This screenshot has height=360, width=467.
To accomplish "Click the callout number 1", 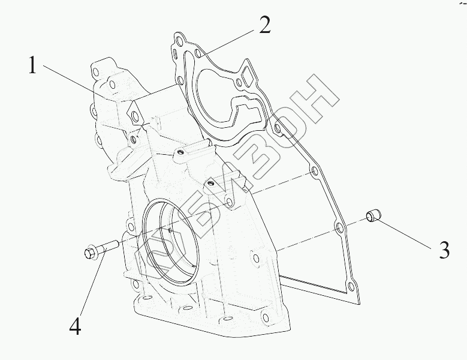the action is [x=33, y=65].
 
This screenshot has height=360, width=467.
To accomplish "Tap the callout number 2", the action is [x=264, y=25].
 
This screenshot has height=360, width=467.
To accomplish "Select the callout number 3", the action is [x=444, y=250].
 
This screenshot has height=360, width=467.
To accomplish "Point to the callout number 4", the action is [x=75, y=326].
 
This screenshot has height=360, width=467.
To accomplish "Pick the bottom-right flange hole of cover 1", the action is [x=264, y=314].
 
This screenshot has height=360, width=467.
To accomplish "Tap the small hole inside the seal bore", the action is [x=171, y=228].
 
